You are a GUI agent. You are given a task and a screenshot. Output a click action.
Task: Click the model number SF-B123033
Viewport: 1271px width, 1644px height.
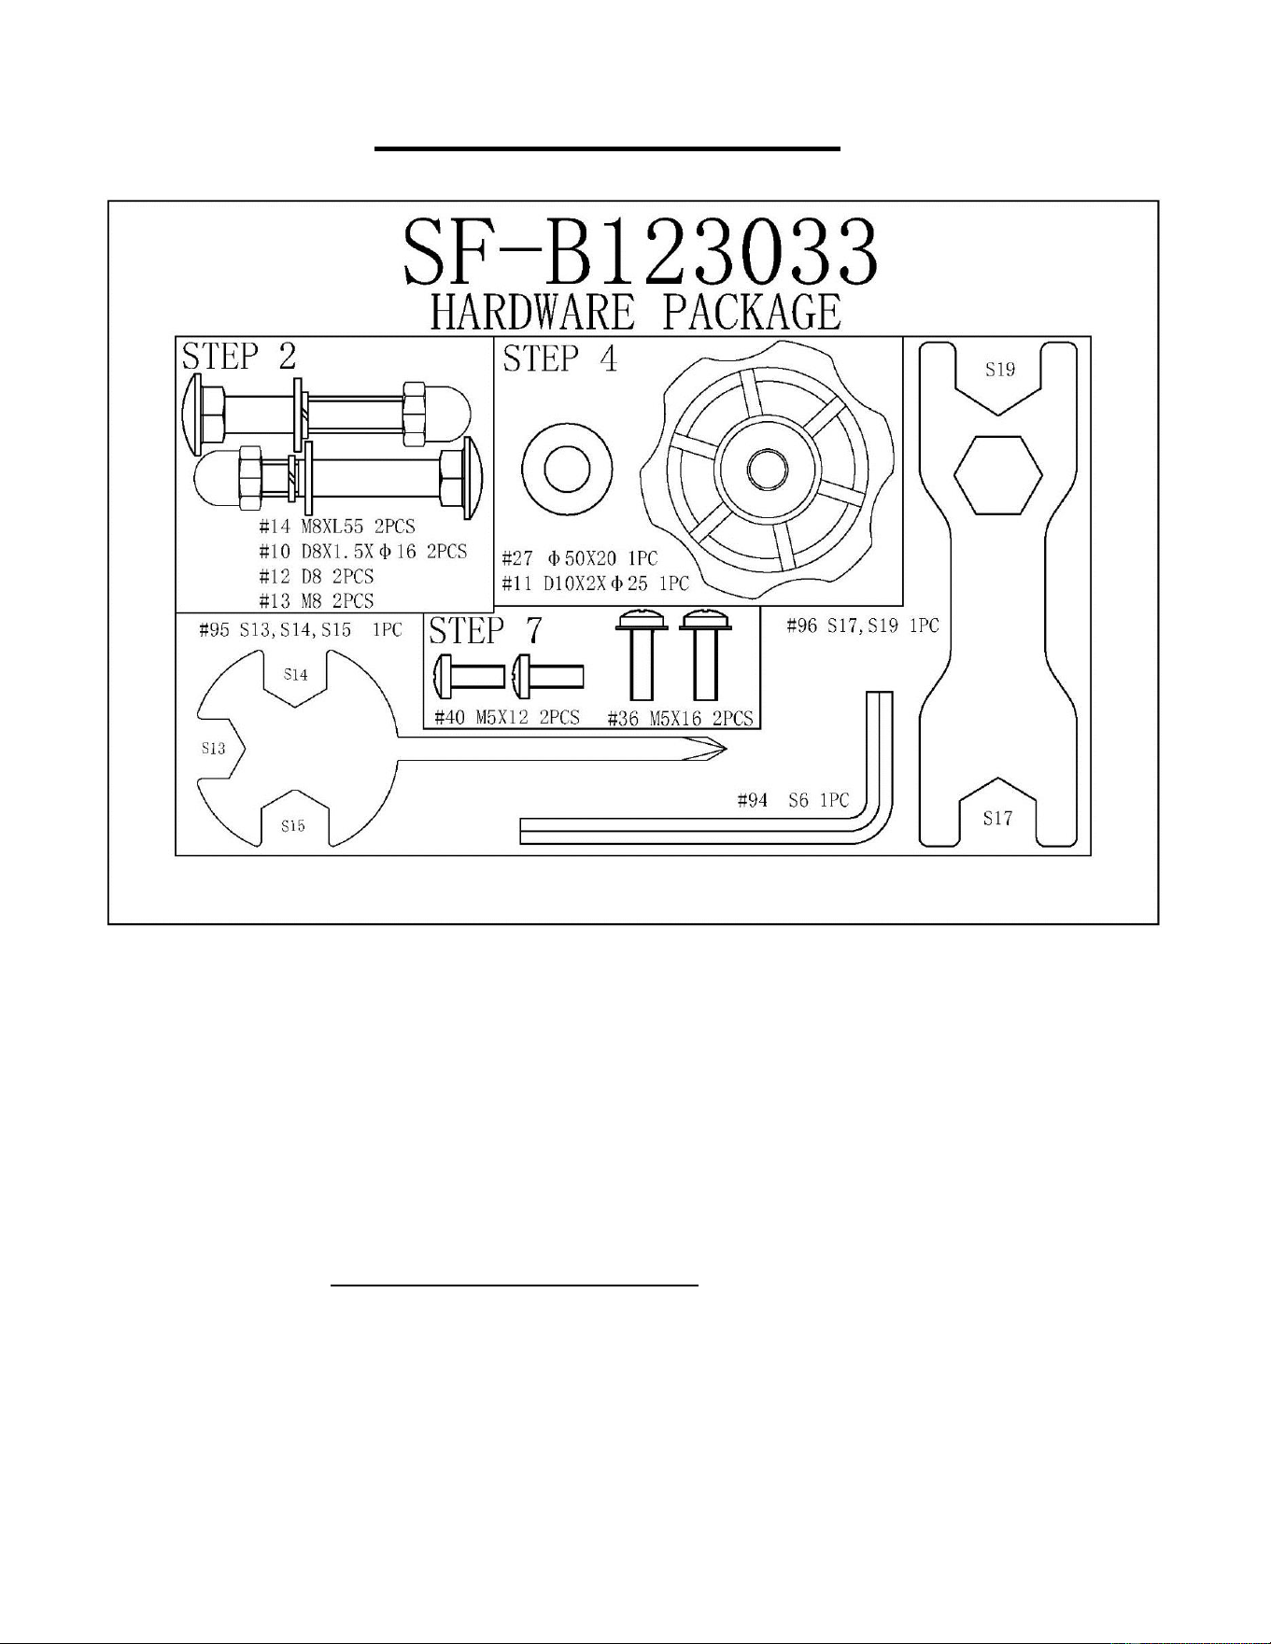point(641,252)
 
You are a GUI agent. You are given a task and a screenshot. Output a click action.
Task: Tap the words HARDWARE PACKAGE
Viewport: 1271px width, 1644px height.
point(635,312)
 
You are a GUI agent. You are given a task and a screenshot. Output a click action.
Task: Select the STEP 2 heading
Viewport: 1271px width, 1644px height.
point(239,357)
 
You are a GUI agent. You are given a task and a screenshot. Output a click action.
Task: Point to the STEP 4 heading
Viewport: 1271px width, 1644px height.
point(560,358)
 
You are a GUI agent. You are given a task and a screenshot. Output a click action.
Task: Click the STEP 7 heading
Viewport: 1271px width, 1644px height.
point(485,631)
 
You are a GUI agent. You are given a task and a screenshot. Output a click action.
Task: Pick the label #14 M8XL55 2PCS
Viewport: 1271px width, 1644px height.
point(337,527)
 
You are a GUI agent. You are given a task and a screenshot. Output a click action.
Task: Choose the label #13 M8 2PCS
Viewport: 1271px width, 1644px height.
point(317,600)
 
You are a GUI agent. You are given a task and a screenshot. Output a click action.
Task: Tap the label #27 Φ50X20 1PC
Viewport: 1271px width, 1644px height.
point(580,559)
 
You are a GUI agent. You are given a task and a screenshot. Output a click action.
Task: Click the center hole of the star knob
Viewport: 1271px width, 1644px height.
point(766,468)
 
